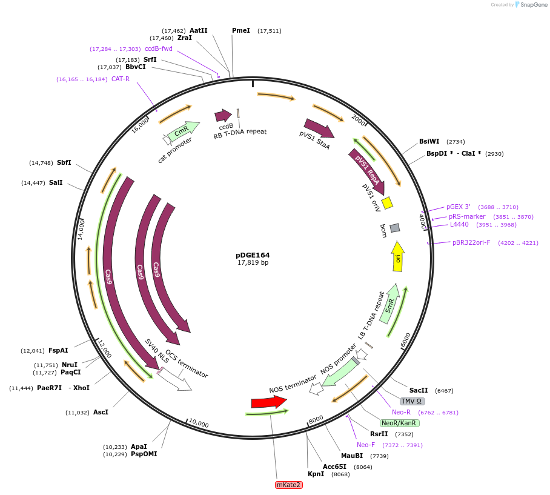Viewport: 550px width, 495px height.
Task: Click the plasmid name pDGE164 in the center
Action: coord(253,255)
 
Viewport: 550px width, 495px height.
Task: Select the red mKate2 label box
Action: coord(288,485)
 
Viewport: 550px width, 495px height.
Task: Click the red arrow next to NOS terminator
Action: coord(268,402)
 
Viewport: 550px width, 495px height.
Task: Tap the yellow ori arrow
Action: coord(398,256)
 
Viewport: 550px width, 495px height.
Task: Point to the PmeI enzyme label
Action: coord(240,30)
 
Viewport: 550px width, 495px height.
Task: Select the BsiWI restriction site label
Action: coord(429,141)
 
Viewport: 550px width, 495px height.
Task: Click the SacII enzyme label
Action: coord(419,391)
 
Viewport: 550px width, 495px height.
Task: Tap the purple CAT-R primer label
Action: coord(120,79)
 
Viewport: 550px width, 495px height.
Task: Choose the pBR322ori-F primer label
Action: coord(471,242)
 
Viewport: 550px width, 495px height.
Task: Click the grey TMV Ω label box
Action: coord(412,401)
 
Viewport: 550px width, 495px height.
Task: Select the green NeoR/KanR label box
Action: coord(399,423)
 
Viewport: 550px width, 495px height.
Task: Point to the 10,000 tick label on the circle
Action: coord(199,423)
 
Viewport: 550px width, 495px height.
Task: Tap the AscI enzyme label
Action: coord(101,412)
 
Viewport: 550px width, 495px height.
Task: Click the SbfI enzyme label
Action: coord(64,162)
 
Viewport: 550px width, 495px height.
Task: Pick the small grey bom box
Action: coord(395,228)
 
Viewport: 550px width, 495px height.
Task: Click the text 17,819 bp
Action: coord(253,263)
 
